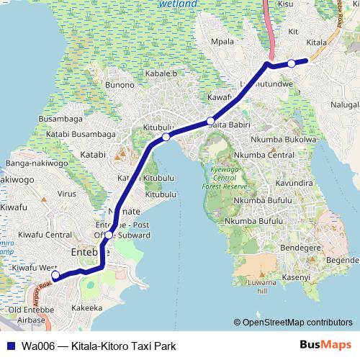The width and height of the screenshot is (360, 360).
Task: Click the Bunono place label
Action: [120, 85]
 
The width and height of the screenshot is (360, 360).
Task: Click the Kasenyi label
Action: [296, 276]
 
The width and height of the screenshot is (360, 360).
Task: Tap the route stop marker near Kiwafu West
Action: [55, 274]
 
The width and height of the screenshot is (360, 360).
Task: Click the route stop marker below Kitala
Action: [291, 63]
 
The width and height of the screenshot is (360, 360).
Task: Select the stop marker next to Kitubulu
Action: [166, 137]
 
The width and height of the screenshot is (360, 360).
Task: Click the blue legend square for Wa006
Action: [8, 346]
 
